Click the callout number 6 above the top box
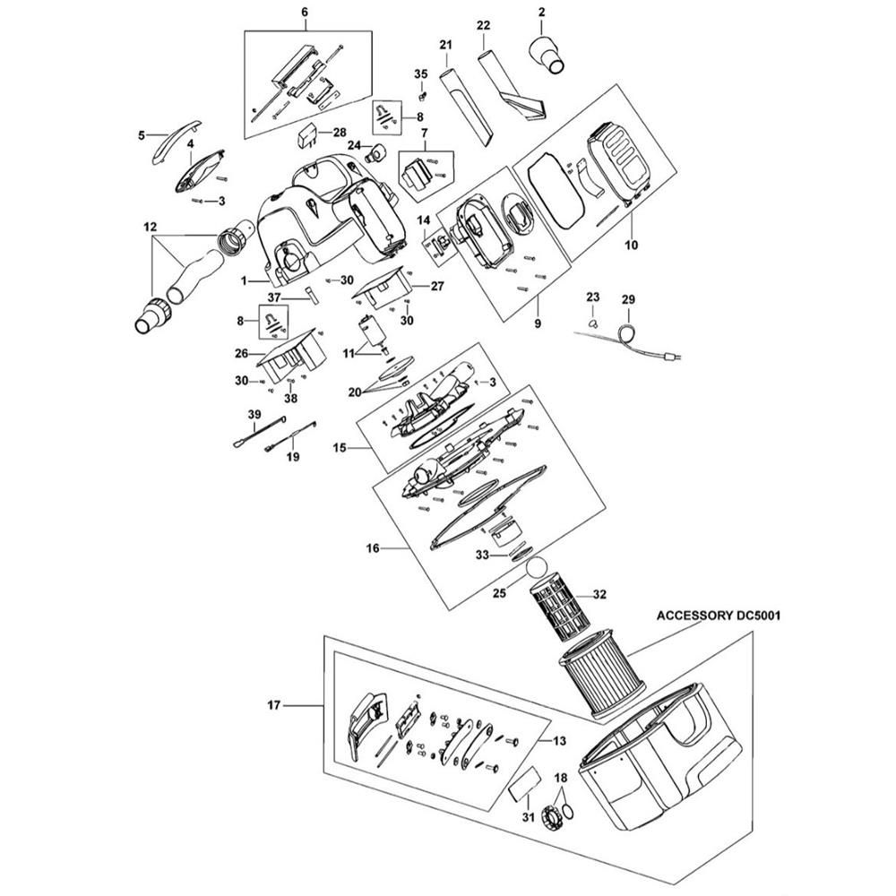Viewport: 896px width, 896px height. (x=304, y=12)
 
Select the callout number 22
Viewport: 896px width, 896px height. (x=484, y=26)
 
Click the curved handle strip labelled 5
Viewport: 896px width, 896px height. (x=176, y=142)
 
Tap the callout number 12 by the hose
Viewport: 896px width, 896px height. (x=151, y=228)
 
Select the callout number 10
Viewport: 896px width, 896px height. (x=631, y=246)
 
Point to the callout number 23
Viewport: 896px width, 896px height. (x=593, y=297)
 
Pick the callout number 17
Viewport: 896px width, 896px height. (x=274, y=706)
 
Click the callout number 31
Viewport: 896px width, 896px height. (x=528, y=818)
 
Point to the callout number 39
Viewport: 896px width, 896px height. (x=254, y=414)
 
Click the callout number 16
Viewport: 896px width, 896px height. (x=373, y=548)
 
